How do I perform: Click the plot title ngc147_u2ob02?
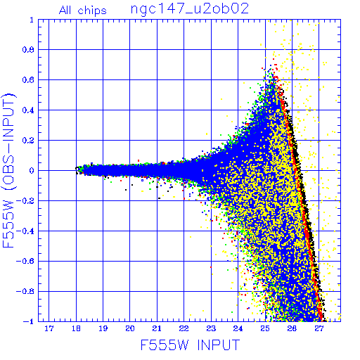(x=190, y=10)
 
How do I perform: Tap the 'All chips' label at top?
(x=83, y=11)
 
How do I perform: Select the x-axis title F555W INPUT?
(x=191, y=345)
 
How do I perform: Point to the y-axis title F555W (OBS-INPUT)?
(x=8, y=170)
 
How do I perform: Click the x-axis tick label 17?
(x=49, y=328)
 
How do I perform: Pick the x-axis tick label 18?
(x=76, y=328)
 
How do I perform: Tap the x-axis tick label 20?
(x=130, y=328)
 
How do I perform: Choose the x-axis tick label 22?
(x=184, y=328)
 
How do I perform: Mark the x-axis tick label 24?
(x=238, y=328)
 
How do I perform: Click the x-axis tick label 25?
(x=265, y=328)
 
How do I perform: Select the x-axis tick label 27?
(x=319, y=328)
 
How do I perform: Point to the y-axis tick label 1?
(x=32, y=20)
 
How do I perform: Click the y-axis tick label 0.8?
(x=28, y=50)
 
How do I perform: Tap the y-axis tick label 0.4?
(x=28, y=110)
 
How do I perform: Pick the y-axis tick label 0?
(x=32, y=171)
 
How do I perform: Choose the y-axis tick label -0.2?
(x=25, y=201)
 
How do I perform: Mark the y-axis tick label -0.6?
(x=25, y=261)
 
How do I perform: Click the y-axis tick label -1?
(x=28, y=321)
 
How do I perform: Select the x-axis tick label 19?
(x=103, y=328)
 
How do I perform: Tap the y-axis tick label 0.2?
(x=28, y=141)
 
